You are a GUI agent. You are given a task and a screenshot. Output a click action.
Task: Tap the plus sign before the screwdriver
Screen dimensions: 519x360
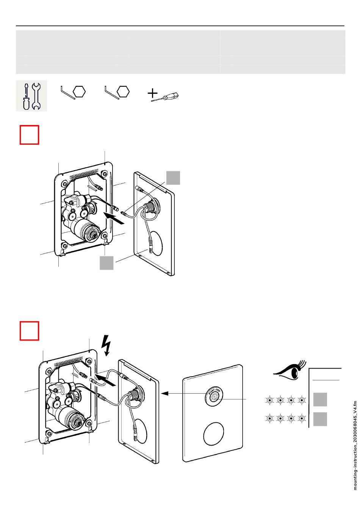pos(152,93)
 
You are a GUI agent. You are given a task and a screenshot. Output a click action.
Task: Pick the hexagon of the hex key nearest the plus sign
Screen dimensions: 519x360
pos(124,92)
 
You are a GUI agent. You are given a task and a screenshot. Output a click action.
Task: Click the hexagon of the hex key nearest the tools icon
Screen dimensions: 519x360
pos(80,92)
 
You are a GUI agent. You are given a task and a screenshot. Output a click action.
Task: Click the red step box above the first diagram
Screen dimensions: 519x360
pos(30,135)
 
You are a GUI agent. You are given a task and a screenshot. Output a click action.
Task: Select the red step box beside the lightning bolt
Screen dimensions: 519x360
pos(30,331)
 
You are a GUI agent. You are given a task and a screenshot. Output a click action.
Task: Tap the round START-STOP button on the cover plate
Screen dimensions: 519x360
pos(214,396)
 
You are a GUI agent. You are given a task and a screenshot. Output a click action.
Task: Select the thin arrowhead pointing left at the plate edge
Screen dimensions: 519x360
pos(164,394)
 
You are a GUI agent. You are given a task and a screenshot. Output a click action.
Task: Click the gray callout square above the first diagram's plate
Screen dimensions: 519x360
pos(173,178)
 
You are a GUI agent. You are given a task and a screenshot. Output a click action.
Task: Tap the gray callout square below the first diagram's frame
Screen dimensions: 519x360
pos(106,263)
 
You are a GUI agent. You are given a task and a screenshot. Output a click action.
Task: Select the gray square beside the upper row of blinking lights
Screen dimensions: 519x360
pos(320,400)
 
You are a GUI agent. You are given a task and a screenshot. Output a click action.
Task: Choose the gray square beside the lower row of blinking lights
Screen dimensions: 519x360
pos(320,419)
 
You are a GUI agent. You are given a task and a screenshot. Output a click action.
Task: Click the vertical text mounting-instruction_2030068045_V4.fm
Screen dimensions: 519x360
pos(355,445)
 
